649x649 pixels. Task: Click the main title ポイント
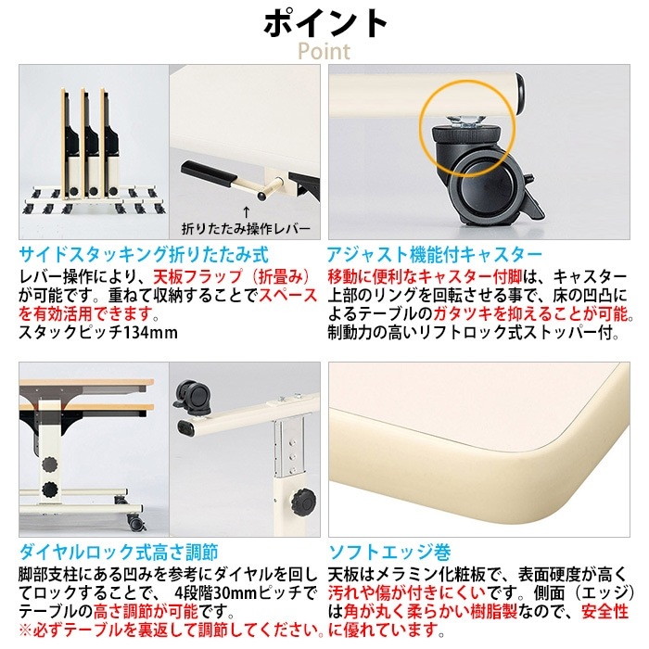(x=325, y=24)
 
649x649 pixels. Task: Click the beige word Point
(x=324, y=51)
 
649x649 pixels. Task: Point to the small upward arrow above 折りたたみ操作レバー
(x=246, y=212)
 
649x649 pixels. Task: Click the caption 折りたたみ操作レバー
(x=246, y=228)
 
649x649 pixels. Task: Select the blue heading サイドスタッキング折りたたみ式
(x=144, y=255)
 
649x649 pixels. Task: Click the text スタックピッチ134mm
(x=98, y=332)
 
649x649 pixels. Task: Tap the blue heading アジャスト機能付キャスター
(x=435, y=255)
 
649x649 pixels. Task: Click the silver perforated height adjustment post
(x=288, y=446)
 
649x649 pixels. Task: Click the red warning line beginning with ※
(x=172, y=630)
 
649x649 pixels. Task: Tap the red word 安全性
(x=605, y=612)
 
